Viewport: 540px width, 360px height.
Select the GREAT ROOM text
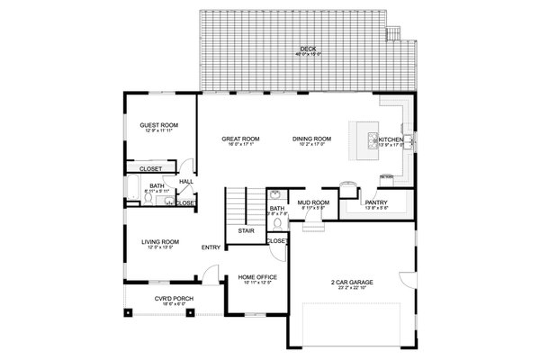coord(239,139)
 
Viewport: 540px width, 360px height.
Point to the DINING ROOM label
coord(311,139)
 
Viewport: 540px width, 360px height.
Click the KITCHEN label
coord(391,140)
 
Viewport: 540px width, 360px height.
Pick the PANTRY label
coord(375,203)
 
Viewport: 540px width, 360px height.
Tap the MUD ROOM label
coord(312,203)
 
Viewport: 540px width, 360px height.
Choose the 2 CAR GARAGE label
coord(351,283)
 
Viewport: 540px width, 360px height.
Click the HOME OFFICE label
coord(256,276)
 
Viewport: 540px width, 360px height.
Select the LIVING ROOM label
coord(158,241)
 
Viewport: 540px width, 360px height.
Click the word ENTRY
coord(211,247)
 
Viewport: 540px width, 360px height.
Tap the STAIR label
coord(245,230)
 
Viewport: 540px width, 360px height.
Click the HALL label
coord(186,181)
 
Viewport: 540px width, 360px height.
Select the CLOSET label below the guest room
coord(149,168)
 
